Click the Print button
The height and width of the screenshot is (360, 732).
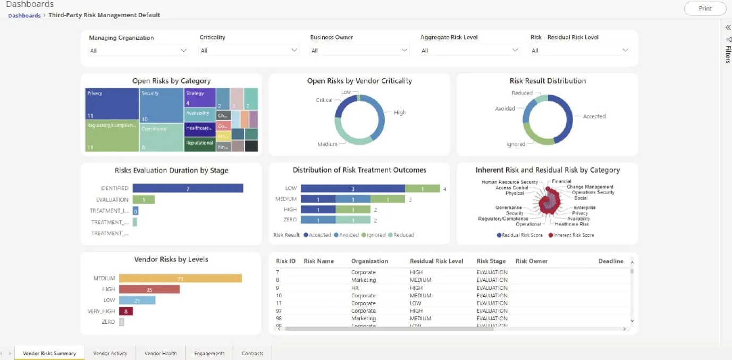[x=705, y=9]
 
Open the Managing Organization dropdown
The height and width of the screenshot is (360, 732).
[x=138, y=51]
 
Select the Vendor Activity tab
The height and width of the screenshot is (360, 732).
[x=110, y=353]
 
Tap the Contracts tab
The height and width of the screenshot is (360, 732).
[x=253, y=353]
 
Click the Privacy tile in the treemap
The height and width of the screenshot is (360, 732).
[x=112, y=104]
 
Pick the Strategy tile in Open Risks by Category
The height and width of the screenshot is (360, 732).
[x=200, y=97]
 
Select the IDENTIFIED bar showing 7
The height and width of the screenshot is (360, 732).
[x=188, y=188]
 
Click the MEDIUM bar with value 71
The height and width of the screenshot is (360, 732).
[x=180, y=278]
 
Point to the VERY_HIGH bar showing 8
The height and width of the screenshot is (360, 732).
[x=125, y=311]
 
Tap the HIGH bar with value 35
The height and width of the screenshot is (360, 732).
[x=149, y=289]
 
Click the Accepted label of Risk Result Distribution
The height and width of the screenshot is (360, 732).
[x=594, y=116]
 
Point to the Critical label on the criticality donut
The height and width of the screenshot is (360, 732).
[x=324, y=100]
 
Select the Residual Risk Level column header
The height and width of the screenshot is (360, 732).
[x=436, y=261]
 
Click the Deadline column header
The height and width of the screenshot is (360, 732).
[x=610, y=261]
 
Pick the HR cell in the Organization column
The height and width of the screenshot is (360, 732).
[x=356, y=288]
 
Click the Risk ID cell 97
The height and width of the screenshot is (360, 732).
[x=279, y=311]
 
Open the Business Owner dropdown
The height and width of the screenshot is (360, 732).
[x=359, y=51]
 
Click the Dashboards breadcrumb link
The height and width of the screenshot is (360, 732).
[x=24, y=15]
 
